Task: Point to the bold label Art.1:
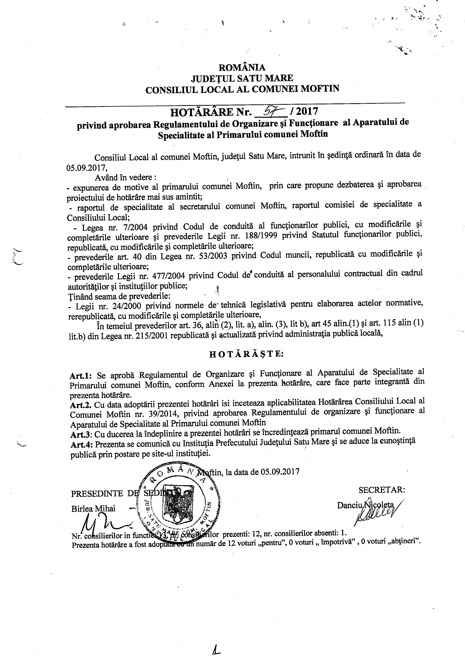[x=81, y=376]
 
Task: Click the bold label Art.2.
[x=81, y=405]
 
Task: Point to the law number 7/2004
[x=135, y=227]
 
